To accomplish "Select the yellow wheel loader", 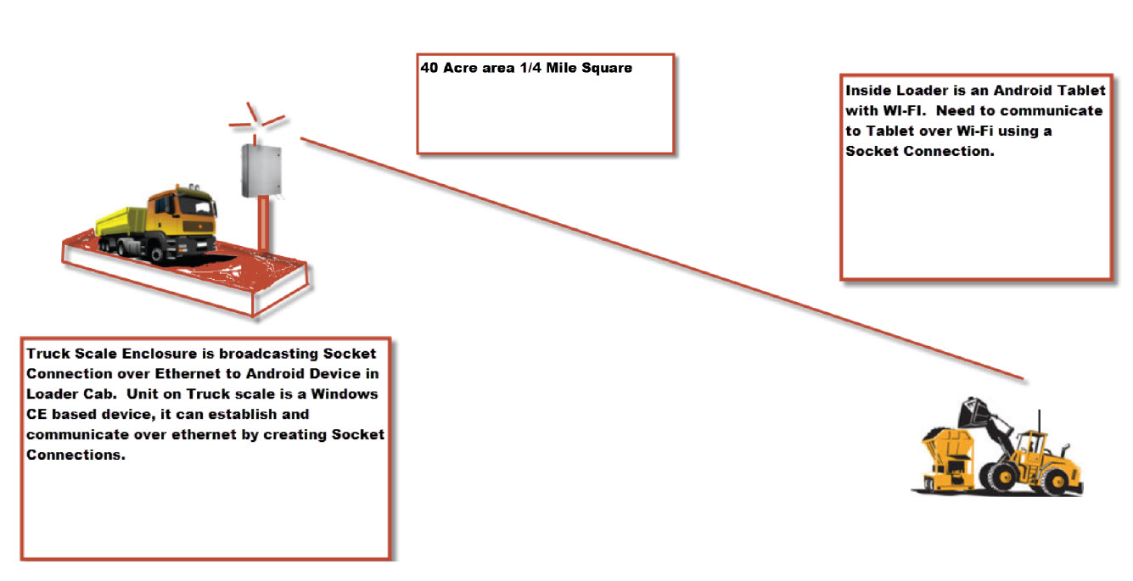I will coord(1001,450).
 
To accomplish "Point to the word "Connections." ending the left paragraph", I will coord(75,455).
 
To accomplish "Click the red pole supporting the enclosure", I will coord(266,225).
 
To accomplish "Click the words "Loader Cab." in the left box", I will coord(65,394).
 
